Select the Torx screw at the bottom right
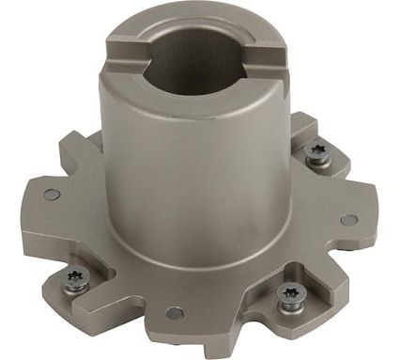click(289, 298)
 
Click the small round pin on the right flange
click(348, 220)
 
